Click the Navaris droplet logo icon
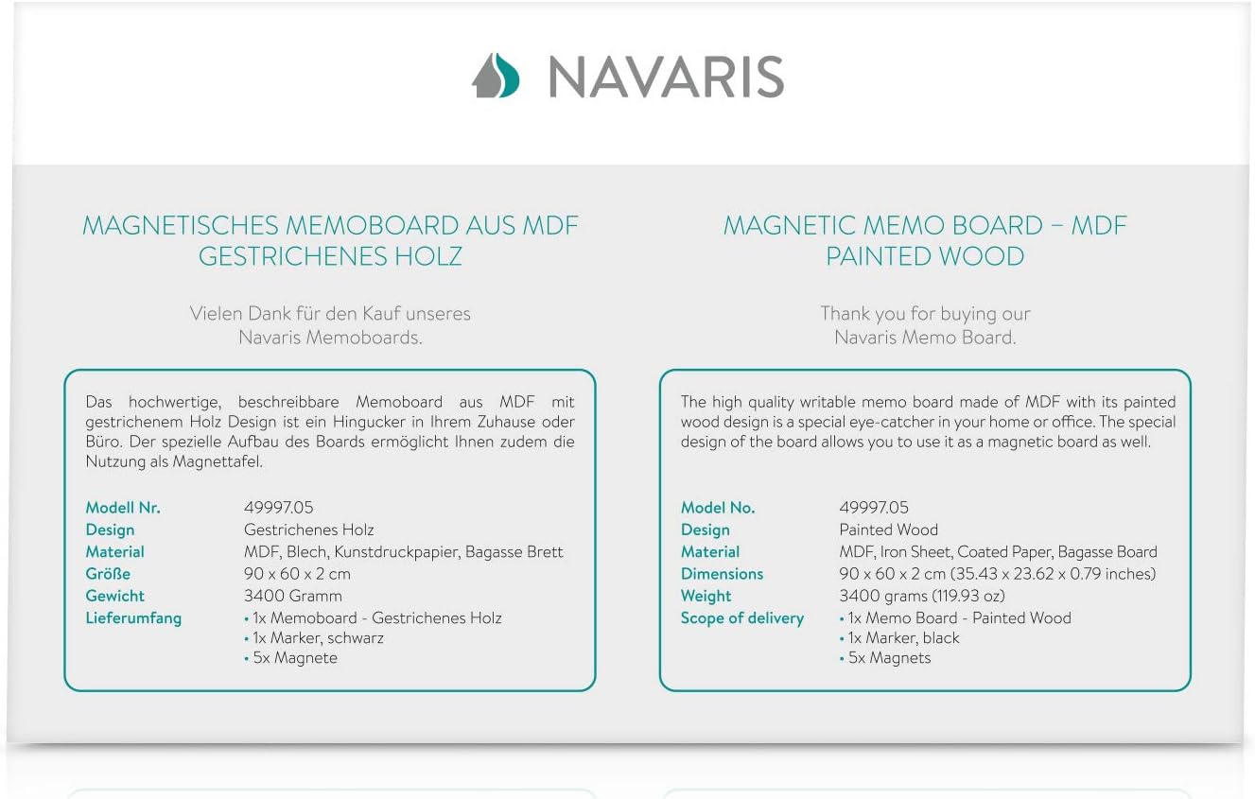[x=496, y=76]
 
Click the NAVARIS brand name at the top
[x=666, y=77]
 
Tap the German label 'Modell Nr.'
[x=123, y=508]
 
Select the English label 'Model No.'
[x=718, y=508]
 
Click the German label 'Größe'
[x=108, y=574]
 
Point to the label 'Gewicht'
[x=115, y=596]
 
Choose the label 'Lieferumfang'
[x=133, y=618]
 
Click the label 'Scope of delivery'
[x=742, y=618]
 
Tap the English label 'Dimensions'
[x=722, y=574]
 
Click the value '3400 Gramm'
[x=293, y=596]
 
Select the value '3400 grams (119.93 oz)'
[x=922, y=596]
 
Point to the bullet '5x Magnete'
[x=294, y=658]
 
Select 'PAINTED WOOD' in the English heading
[x=925, y=256]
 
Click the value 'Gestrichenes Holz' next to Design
[x=309, y=530]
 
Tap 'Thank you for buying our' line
[x=925, y=314]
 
